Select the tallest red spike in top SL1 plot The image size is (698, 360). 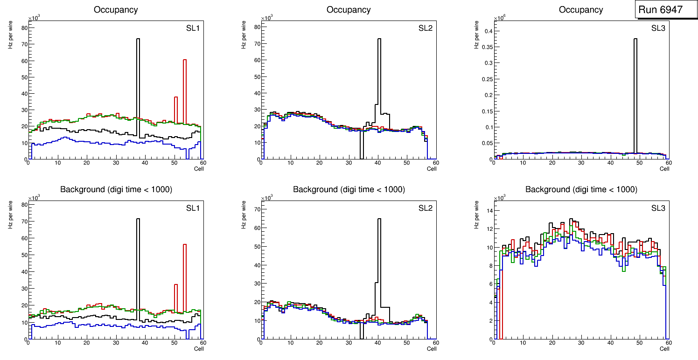(185, 84)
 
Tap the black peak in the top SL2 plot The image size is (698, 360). (379, 70)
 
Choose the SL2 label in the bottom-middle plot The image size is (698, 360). (426, 208)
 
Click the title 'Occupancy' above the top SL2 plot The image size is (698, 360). (349, 10)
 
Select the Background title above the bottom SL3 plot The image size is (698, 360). (581, 190)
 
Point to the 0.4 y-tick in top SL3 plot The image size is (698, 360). (487, 31)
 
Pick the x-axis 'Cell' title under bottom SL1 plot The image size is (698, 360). (199, 349)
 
